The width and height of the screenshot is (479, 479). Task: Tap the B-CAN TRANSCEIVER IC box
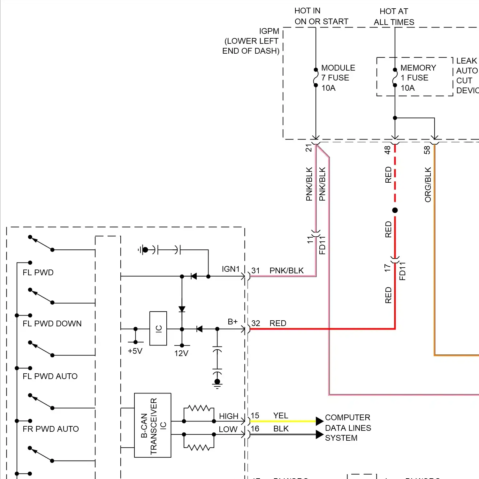153,425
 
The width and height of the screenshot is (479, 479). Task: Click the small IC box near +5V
158,328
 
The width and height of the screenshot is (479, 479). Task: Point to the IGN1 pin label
231,269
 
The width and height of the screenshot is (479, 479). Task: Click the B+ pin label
232,322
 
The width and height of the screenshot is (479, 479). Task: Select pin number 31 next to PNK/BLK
255,270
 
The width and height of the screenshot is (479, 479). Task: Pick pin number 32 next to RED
255,323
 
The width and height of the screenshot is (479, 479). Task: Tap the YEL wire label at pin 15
281,415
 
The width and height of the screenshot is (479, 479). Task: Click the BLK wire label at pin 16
281,429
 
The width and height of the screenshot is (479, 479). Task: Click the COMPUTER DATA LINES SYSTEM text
348,428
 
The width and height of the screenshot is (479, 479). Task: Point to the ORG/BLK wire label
428,185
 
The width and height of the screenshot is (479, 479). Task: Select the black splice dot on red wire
395,210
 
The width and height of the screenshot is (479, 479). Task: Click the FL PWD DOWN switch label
52,323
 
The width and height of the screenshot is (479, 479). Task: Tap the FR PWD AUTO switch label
50,429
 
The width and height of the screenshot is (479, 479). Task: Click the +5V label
135,351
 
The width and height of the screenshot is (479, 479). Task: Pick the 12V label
181,353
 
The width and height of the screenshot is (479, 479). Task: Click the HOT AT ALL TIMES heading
394,17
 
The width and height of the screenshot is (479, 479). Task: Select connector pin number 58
427,150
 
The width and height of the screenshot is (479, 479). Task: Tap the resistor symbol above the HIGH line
199,408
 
